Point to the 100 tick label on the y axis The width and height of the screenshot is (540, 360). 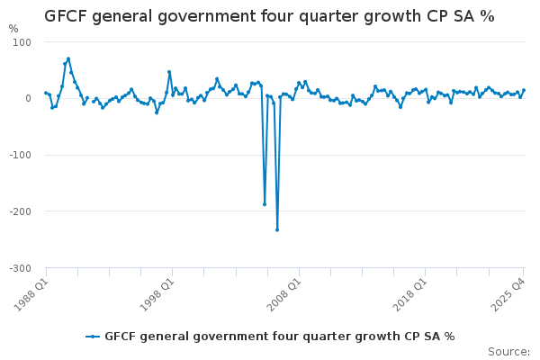point(22,42)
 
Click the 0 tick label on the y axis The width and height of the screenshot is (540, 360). point(28,98)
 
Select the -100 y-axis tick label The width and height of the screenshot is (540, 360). point(21,155)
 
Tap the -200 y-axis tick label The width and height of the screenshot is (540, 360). point(21,211)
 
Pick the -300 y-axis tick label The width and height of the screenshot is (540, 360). point(21,268)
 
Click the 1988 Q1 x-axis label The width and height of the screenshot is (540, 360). point(31,294)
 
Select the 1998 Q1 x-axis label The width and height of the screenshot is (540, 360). point(157,294)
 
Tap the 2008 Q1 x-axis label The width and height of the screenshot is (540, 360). point(283,294)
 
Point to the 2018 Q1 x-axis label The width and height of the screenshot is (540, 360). point(410,294)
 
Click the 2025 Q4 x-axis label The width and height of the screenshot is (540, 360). point(508,294)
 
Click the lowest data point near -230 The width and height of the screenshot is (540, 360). point(277,229)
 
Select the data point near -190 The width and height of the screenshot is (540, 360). point(265,204)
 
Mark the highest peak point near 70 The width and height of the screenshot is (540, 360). point(68,58)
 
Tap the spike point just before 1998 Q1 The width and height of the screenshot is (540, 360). point(169,72)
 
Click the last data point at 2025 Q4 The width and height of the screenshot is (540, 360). point(524,90)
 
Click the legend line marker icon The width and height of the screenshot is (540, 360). point(93,337)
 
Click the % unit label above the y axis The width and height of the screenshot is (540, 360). point(13,29)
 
